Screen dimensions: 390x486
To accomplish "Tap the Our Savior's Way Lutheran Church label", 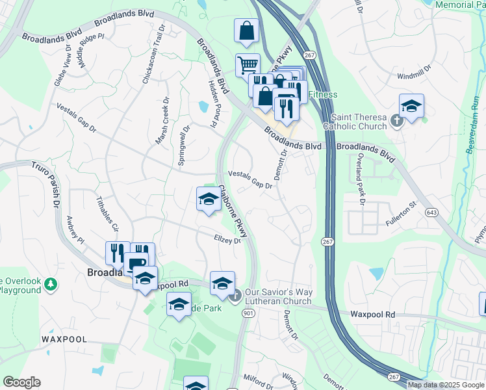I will (x=278, y=296).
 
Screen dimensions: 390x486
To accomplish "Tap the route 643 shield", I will (x=431, y=213).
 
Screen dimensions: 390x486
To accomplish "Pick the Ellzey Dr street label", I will (x=227, y=240).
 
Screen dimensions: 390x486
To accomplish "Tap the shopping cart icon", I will (x=247, y=65).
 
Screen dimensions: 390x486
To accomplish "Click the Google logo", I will (x=21, y=382).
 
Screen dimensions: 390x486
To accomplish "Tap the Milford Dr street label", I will (x=258, y=378).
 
